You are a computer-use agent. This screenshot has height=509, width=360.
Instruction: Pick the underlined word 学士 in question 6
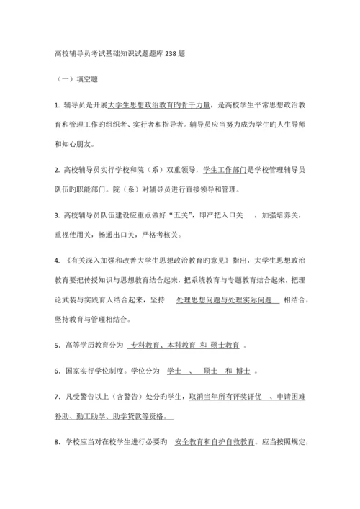[173, 371]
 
